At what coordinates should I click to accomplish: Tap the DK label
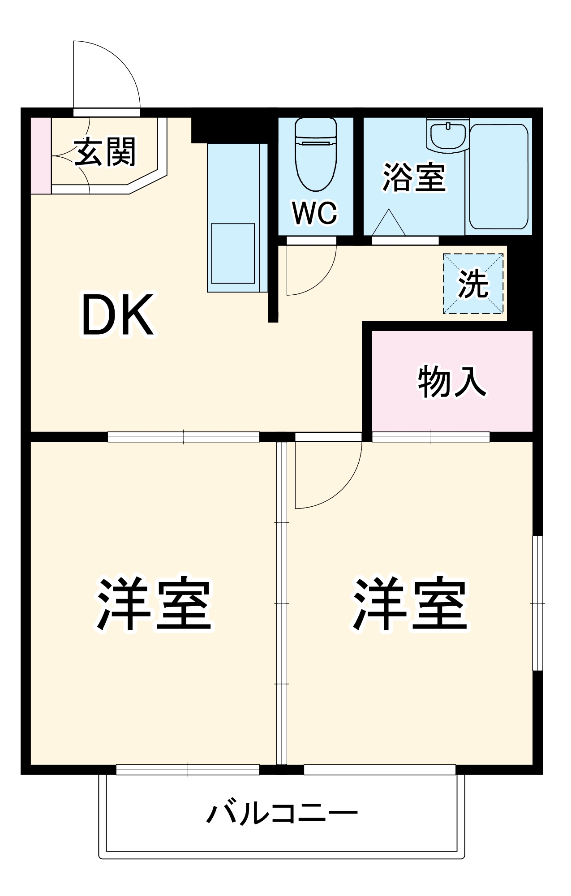pos(118,315)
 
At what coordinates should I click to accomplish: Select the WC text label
pos(314,213)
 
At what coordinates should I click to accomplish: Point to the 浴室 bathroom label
pos(414,177)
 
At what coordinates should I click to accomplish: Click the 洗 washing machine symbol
pos(473,284)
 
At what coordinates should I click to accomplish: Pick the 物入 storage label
pos(451,382)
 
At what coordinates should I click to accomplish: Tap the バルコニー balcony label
pos(282,814)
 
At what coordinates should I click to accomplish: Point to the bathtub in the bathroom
pos(498,177)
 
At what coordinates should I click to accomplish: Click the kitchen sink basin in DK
pos(233,253)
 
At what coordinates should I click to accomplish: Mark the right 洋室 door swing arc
pos(340,488)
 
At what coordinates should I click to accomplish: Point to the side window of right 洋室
pos(537,603)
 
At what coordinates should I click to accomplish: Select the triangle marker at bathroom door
pos(388,224)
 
